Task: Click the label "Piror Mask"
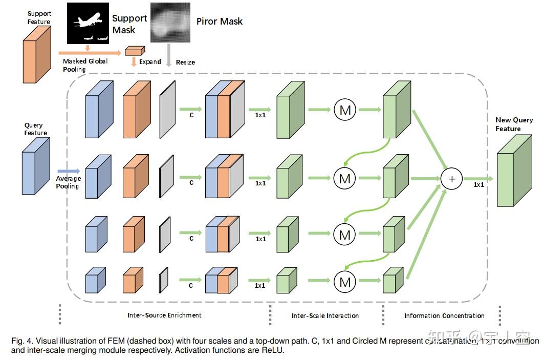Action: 220,21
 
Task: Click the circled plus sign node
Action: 451,179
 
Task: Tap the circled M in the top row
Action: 344,109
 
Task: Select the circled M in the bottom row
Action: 344,281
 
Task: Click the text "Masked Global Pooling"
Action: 85,65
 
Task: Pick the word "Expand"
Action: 150,61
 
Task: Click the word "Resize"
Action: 185,62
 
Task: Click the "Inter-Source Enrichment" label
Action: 164,315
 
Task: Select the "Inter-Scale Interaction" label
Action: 325,315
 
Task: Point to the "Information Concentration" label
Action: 444,315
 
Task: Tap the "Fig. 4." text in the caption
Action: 22,341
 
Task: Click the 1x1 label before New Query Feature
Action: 478,184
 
